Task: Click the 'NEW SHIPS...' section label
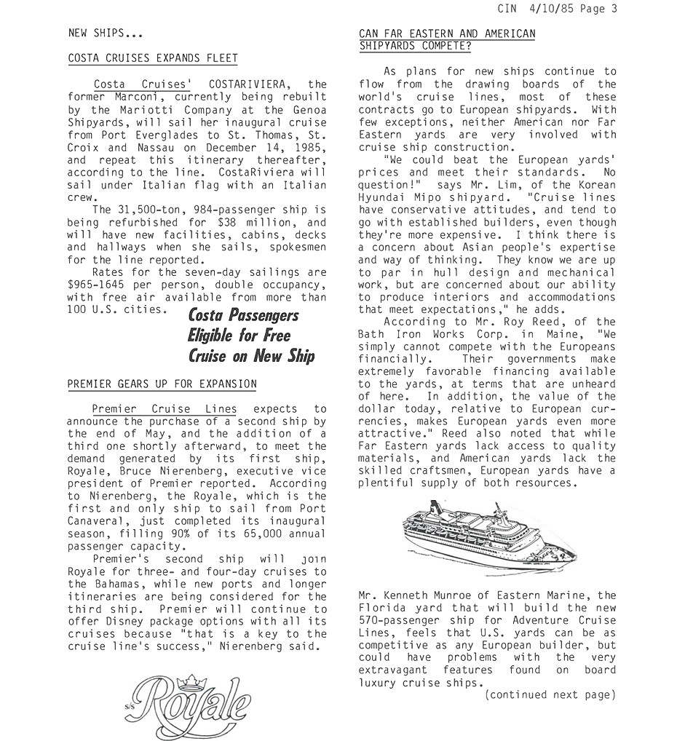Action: (105, 33)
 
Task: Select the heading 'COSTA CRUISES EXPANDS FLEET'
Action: (152, 58)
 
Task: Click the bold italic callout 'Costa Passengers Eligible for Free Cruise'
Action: (251, 336)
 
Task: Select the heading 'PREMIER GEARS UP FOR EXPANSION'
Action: (162, 384)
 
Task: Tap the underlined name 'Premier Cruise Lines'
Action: (164, 409)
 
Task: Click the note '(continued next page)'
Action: (550, 695)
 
